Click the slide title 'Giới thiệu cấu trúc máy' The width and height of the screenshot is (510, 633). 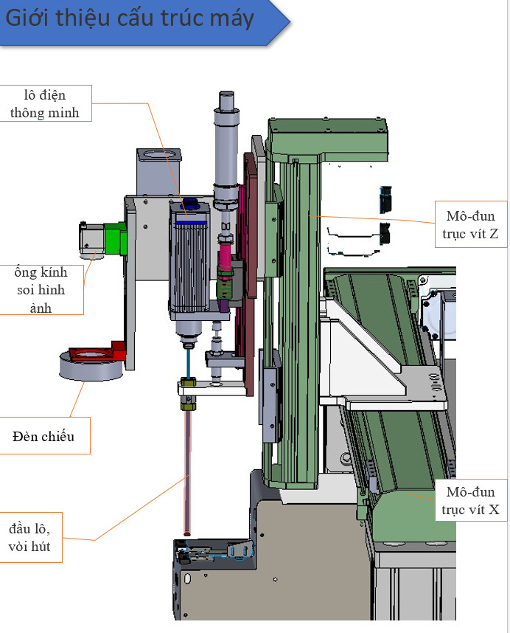(x=130, y=19)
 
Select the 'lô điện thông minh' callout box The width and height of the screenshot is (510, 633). (x=45, y=103)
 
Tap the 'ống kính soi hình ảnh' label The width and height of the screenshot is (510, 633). (x=41, y=289)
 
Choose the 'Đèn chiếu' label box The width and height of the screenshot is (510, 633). (x=43, y=436)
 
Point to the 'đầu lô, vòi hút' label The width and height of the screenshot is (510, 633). (x=29, y=537)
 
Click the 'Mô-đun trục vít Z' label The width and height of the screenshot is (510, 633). (x=470, y=224)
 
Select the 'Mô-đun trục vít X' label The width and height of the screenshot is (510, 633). (x=470, y=500)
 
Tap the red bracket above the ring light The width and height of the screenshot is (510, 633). (x=99, y=351)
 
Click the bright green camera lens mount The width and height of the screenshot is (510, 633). (x=116, y=239)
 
